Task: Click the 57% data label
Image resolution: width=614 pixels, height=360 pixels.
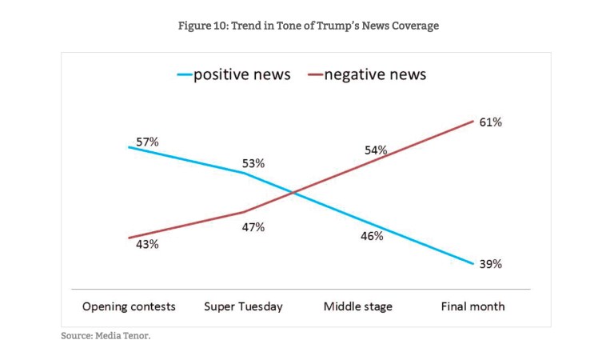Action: click(x=147, y=142)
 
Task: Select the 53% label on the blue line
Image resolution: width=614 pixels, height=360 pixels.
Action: click(x=253, y=163)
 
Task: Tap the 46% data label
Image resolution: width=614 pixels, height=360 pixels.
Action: click(x=372, y=236)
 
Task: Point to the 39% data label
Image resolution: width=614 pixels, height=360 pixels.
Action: click(x=490, y=264)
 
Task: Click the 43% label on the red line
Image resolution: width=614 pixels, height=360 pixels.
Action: click(x=147, y=244)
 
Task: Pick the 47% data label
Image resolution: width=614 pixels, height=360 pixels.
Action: click(x=253, y=227)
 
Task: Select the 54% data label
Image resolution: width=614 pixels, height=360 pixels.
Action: click(x=376, y=150)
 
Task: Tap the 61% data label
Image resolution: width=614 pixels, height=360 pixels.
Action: click(x=490, y=122)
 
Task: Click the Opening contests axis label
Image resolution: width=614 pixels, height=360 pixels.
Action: click(x=129, y=306)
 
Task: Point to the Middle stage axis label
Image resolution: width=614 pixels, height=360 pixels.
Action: click(x=357, y=306)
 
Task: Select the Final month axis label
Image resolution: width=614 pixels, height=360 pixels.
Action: click(x=472, y=306)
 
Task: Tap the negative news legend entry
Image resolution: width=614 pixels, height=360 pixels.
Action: click(x=374, y=75)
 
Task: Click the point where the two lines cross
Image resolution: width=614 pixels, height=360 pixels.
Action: click(x=294, y=193)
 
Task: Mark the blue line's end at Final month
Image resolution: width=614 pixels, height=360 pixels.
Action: click(x=472, y=263)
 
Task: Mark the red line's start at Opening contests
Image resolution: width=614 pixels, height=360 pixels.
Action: click(x=129, y=238)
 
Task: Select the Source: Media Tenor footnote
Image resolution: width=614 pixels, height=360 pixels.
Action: click(x=106, y=335)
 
